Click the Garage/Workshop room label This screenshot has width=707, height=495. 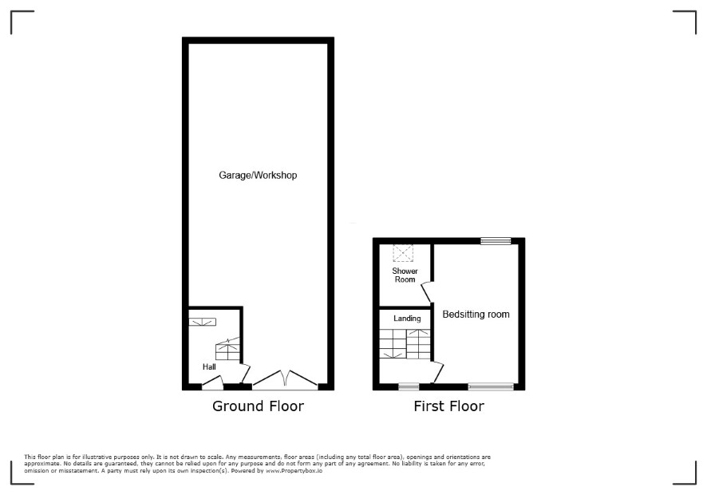(258, 175)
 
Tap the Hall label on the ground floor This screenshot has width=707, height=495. (209, 366)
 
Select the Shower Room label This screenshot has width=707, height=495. (404, 275)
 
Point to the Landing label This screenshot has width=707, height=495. (407, 319)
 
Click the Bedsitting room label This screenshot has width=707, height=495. (476, 314)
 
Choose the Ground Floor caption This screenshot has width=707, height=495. (258, 406)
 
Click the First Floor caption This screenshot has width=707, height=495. (448, 406)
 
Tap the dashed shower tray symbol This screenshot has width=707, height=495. (404, 254)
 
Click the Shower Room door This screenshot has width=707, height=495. (427, 292)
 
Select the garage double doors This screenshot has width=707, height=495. (286, 378)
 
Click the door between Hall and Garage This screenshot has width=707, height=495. (246, 373)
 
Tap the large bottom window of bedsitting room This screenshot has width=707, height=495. (491, 387)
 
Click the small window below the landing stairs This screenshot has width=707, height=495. (409, 387)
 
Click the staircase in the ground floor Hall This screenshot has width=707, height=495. (227, 350)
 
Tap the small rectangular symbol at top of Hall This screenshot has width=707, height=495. (202, 322)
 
